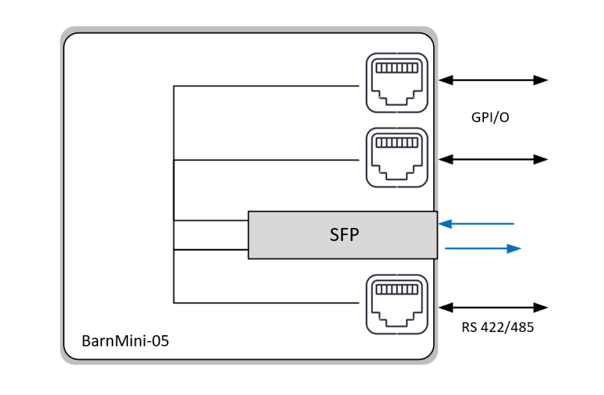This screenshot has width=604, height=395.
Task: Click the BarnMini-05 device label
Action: pos(125,341)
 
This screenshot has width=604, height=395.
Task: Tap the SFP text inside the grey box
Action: pos(344,234)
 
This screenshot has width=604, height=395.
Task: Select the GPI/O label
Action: pos(490,117)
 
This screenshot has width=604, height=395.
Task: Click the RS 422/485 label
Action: pos(497,327)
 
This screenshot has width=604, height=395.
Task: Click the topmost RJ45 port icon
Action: pos(397,83)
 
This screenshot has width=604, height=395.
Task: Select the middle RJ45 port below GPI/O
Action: pos(397,158)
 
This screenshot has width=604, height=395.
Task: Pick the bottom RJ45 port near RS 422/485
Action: pos(397,304)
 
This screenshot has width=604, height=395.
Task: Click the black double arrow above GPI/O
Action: pos(493,80)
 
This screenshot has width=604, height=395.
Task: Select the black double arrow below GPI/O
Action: pos(493,159)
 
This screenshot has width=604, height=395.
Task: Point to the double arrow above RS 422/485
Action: pos(493,307)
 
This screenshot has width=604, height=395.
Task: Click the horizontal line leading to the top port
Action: pos(266,86)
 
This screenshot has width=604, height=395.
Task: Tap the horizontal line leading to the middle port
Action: pos(266,160)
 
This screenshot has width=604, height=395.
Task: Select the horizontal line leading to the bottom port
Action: pos(266,303)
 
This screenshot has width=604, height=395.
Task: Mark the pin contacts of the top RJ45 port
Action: pos(397,68)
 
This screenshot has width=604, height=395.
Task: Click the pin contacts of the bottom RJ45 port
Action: pos(397,289)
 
